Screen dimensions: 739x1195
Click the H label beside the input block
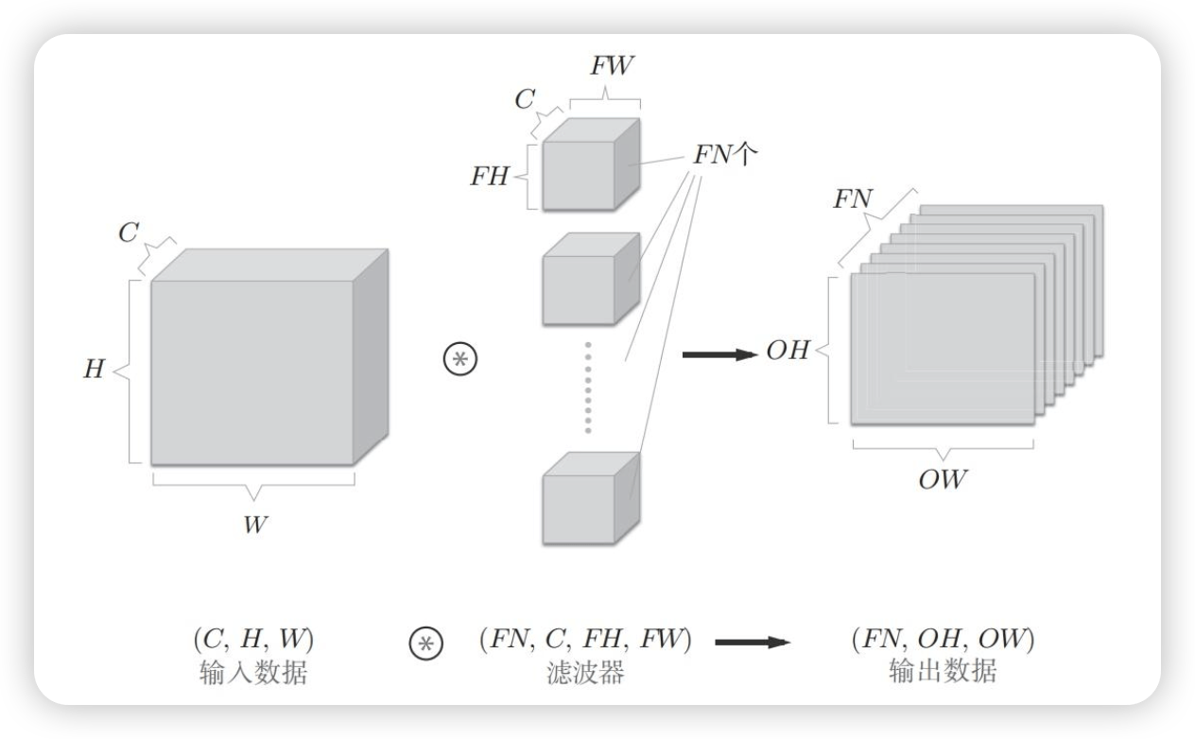[x=94, y=369]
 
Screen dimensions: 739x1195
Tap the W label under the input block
[x=253, y=524]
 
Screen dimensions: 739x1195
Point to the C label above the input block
[x=129, y=233]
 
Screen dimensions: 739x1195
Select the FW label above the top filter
[x=612, y=67]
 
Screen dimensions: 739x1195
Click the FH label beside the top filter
[x=489, y=176]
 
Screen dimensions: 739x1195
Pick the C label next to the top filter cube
[x=525, y=99]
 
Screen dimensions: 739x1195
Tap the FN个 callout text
[x=725, y=155]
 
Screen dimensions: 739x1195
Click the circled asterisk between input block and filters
[x=461, y=360]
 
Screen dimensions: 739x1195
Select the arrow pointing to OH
[x=719, y=354]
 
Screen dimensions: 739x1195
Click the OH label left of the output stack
[x=788, y=352]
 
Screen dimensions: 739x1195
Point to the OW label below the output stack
[x=943, y=480]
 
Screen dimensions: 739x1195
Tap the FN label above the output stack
[x=853, y=199]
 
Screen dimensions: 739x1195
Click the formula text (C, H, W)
[x=252, y=640]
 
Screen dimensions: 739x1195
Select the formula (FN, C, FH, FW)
[x=585, y=640]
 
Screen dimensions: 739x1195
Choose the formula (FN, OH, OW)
[x=943, y=640]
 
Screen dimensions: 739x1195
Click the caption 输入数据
[x=252, y=673]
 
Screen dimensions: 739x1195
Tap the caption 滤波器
[x=585, y=673]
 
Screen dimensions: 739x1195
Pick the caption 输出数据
[x=943, y=673]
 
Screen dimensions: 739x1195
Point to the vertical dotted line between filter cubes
[x=587, y=388]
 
